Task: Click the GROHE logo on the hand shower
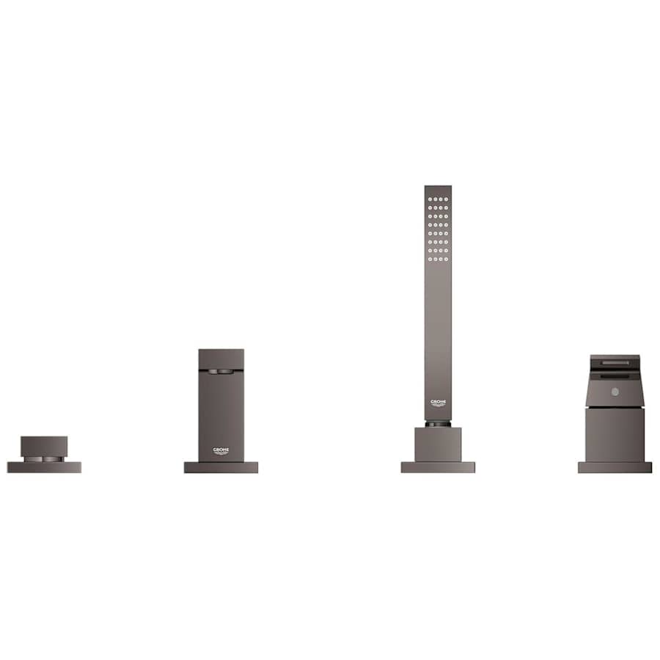438,403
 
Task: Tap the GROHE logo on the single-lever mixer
221,450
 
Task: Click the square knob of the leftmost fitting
44,446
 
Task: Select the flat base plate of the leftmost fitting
44,467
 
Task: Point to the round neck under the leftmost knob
44,458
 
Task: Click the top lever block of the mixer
221,359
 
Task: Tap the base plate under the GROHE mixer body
221,467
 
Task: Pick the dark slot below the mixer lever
221,372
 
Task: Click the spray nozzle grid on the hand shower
438,229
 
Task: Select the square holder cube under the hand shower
438,444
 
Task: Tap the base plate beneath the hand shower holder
438,467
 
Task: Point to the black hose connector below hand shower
438,424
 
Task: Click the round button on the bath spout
615,392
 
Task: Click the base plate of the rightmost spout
615,467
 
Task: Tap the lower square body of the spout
615,434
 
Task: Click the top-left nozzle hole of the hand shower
430,199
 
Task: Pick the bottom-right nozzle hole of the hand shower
446,259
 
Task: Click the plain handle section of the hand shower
438,330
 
